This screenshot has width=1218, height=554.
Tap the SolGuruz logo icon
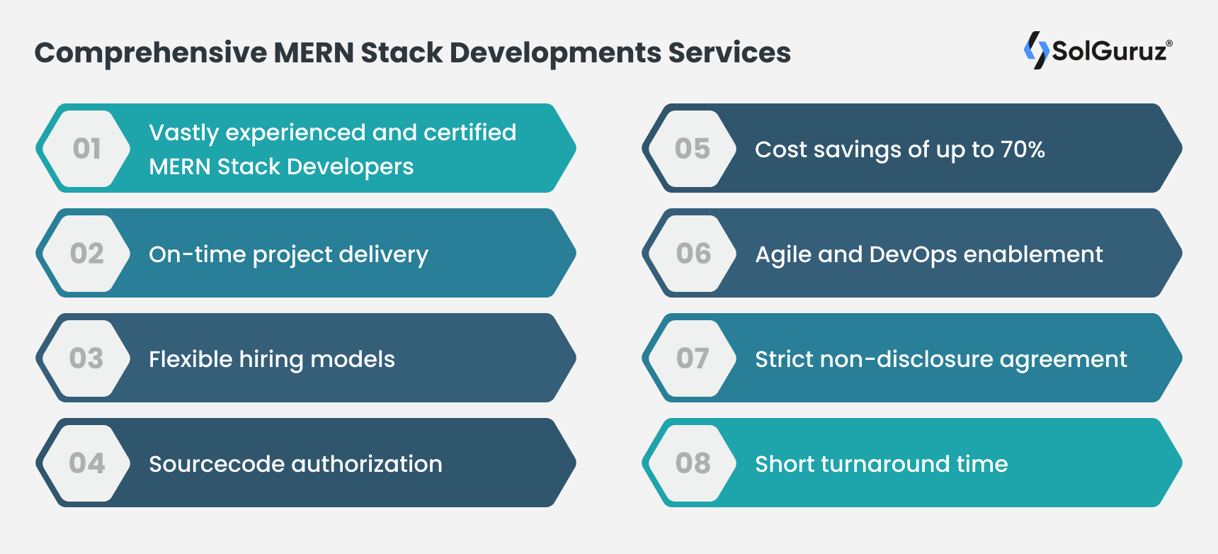pos(1036,50)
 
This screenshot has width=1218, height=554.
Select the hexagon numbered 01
pos(87,149)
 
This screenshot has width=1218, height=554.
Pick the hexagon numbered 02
pos(87,254)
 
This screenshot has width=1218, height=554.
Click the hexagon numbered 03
pos(87,358)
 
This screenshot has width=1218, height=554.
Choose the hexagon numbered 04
pos(87,463)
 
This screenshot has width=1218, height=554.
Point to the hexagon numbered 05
pos(693,149)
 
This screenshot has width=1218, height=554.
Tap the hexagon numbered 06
pos(693,254)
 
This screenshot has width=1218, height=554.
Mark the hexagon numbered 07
pos(693,358)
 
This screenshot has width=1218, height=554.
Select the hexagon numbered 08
pos(693,463)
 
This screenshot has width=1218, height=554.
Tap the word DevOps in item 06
pos(912,254)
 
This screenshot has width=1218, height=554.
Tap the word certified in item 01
pos(469,132)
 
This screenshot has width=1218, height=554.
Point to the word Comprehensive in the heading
pos(151,53)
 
